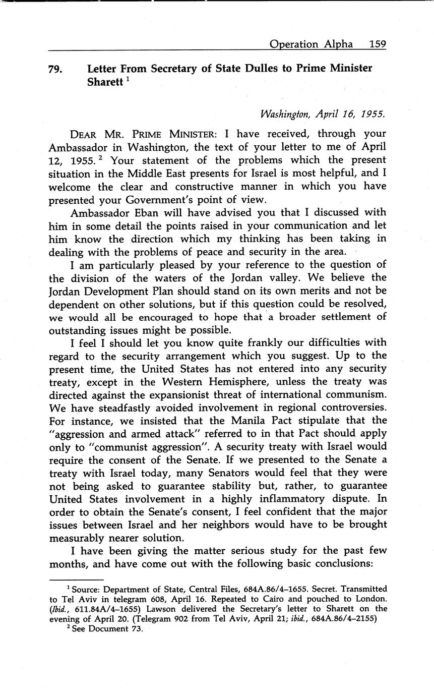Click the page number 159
point(377,44)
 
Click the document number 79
point(55,70)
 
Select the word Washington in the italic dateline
point(284,114)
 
